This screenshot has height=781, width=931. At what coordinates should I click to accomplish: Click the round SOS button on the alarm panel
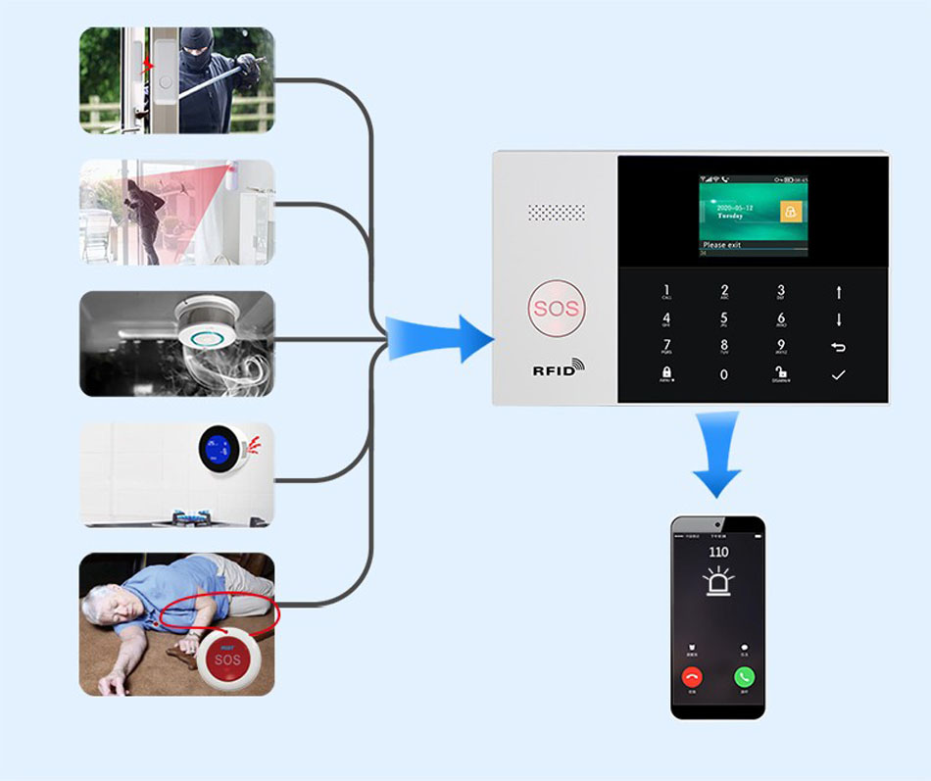[x=556, y=310]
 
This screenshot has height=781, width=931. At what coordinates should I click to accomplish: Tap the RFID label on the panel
[x=557, y=369]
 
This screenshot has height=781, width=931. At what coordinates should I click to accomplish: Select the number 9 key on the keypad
[x=781, y=346]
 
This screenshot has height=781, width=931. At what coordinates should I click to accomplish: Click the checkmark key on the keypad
[x=838, y=374]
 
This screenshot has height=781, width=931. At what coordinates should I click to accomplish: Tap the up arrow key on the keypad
[x=838, y=291]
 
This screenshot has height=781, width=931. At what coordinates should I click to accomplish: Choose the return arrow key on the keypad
[x=838, y=347]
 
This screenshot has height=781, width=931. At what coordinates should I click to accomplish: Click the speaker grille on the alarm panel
[x=556, y=213]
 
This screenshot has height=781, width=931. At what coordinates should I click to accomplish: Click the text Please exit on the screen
[x=722, y=245]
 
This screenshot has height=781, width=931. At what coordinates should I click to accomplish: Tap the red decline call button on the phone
[x=693, y=676]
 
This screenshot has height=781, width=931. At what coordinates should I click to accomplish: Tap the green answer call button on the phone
[x=744, y=676]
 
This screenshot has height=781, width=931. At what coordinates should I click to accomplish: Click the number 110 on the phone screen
[x=718, y=553]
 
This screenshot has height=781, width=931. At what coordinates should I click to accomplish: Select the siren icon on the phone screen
[x=718, y=585]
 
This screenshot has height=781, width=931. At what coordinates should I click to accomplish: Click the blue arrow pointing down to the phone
[x=717, y=455]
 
